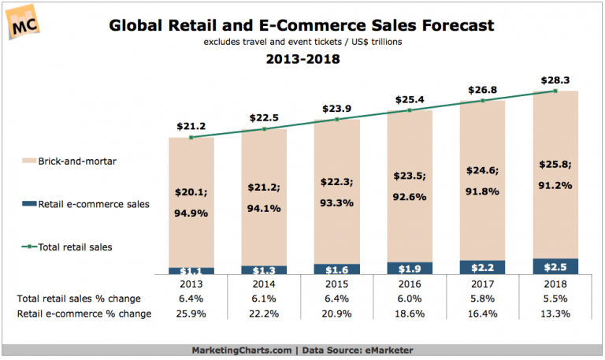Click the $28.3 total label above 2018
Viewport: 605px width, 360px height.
coord(555,79)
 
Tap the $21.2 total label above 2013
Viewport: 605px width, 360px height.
coord(191,124)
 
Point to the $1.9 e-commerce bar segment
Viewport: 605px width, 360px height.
coord(410,269)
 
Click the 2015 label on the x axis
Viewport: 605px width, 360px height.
coord(336,284)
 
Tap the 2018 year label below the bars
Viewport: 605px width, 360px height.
coord(555,284)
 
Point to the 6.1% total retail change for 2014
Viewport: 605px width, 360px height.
coord(264,299)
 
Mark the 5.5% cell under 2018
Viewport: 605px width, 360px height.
coord(555,299)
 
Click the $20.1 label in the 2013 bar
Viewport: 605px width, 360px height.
coord(191,191)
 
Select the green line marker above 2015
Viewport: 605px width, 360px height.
coord(336,120)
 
